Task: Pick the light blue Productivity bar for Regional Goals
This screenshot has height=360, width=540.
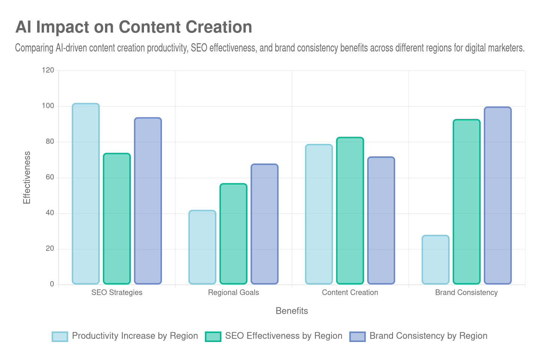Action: point(202,247)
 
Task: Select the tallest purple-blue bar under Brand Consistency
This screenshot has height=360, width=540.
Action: point(498,195)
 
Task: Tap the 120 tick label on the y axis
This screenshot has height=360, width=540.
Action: point(48,70)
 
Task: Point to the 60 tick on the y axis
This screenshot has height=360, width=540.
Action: point(50,177)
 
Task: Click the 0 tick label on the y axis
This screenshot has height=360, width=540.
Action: point(52,284)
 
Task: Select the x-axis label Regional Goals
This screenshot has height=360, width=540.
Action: point(233,292)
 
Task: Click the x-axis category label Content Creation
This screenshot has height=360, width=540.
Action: point(350,292)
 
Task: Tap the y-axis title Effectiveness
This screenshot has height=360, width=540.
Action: point(27,177)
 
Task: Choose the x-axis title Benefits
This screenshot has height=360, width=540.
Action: point(292,311)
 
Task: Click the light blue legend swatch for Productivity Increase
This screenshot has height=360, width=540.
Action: point(60,336)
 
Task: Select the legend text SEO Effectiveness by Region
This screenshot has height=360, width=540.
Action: point(283,336)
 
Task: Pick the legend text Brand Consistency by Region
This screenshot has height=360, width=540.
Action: point(428,336)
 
